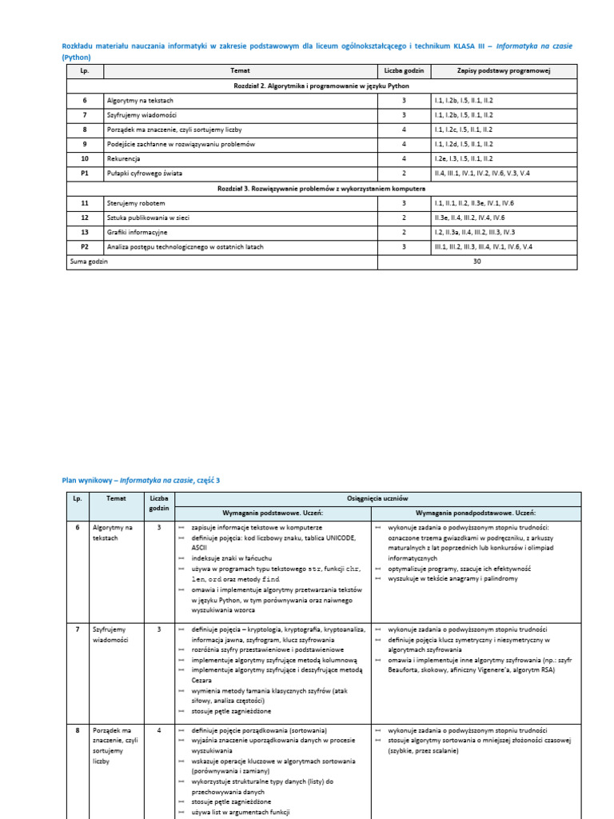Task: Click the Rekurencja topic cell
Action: coord(123,158)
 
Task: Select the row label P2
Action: coord(85,246)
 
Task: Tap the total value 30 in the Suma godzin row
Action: coord(477,262)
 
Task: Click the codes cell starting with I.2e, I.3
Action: coord(464,158)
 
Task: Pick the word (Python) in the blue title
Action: coord(77,58)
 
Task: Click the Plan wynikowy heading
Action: coord(141,480)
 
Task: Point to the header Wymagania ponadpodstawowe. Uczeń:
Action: coord(475,513)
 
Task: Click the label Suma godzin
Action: coord(89,262)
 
